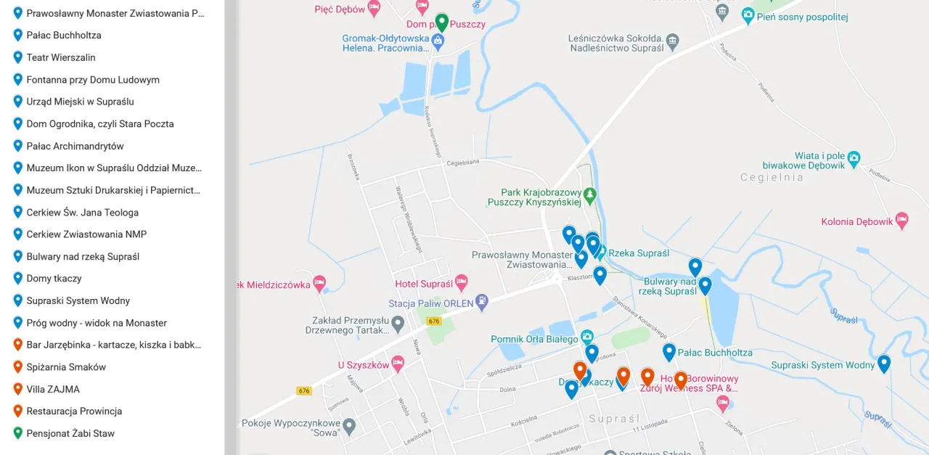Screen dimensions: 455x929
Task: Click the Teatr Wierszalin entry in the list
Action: (x=61, y=57)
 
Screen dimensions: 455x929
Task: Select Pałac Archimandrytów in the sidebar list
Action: (x=75, y=146)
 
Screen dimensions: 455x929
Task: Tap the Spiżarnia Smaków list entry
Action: (x=66, y=367)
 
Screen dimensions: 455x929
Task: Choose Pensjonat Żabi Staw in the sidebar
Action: (x=70, y=433)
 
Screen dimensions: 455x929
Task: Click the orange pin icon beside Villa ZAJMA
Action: (x=18, y=389)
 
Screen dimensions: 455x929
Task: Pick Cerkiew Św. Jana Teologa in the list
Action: (x=82, y=213)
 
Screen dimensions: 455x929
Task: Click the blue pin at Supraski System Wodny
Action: (x=883, y=363)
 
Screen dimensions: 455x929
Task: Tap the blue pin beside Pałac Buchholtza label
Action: (x=669, y=352)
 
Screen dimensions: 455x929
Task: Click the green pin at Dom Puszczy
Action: (x=441, y=22)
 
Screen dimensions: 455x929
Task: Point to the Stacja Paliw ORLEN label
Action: (x=430, y=303)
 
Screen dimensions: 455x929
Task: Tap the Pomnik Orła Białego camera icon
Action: (x=587, y=337)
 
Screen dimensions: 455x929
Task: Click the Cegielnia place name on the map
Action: (x=772, y=177)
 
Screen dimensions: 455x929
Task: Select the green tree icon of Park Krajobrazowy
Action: (x=590, y=194)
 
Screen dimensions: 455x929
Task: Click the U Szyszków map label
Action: (x=364, y=365)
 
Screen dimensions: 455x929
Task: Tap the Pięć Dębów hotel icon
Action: (x=374, y=8)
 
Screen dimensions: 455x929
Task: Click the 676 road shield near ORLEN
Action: (x=434, y=321)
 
